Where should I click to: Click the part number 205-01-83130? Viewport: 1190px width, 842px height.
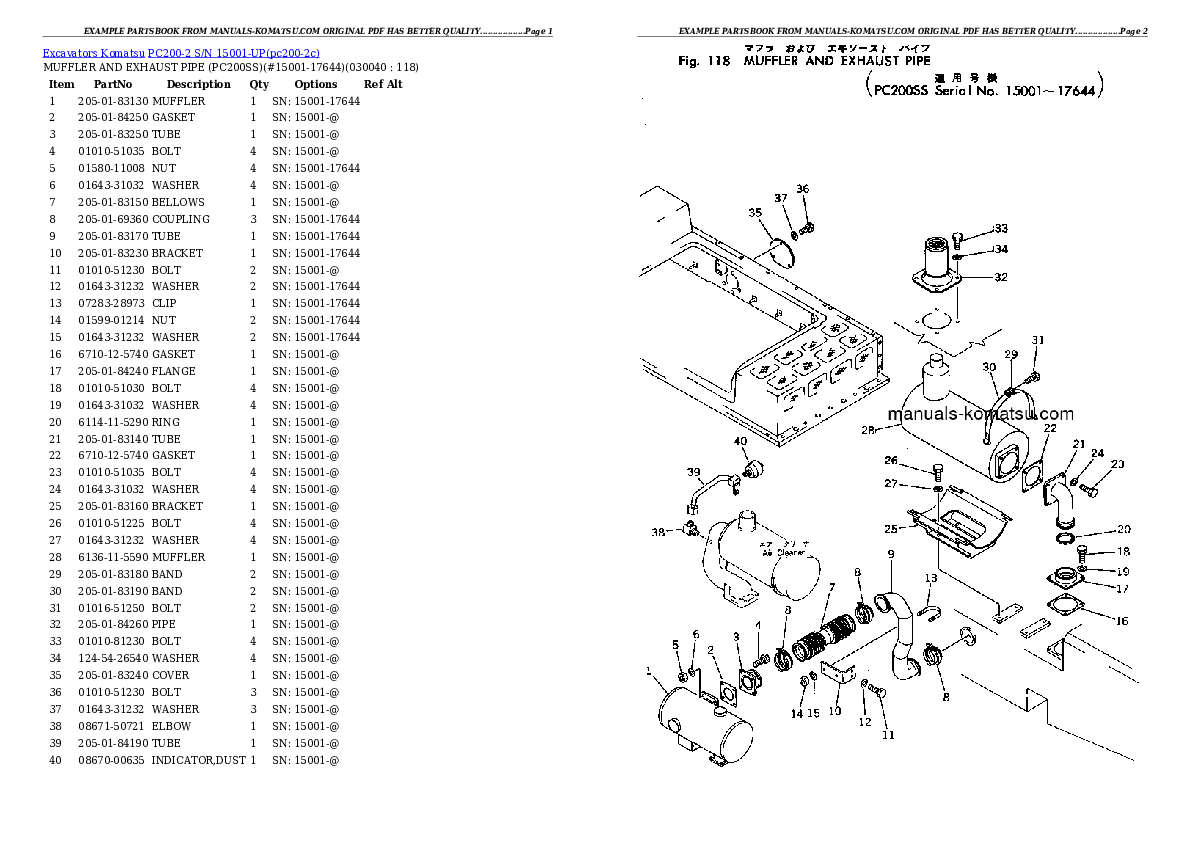[113, 101]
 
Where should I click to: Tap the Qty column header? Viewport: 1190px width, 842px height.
[259, 84]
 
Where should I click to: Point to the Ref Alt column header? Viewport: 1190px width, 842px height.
[383, 84]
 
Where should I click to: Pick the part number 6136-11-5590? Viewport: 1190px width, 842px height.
[113, 557]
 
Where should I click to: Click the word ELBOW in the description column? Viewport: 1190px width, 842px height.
[171, 726]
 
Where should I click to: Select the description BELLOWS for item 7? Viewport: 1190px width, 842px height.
[178, 202]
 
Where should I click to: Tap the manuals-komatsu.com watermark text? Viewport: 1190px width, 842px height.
[979, 414]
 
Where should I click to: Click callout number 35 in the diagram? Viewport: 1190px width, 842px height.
[755, 211]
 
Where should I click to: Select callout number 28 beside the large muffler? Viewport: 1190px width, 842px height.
[867, 431]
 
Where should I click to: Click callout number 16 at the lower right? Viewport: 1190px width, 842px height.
[1121, 621]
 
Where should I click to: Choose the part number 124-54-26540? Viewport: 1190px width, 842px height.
[113, 658]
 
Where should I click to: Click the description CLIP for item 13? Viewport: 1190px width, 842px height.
[164, 303]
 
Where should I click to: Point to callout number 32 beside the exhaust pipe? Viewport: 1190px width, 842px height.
[1000, 277]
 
